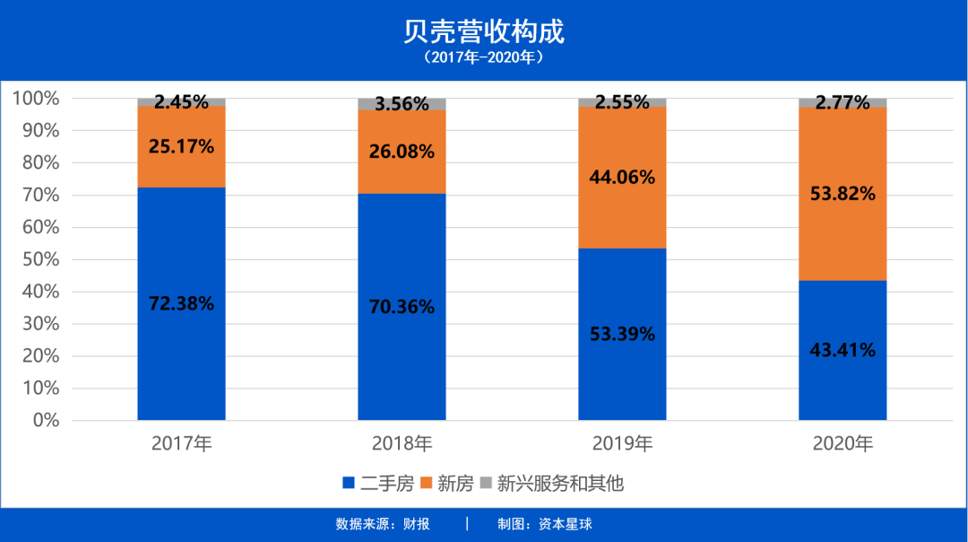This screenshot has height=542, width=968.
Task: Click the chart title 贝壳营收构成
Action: pyautogui.click(x=484, y=31)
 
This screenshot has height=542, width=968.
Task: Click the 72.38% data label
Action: pyautogui.click(x=181, y=303)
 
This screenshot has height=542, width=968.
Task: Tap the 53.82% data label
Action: pyautogui.click(x=843, y=193)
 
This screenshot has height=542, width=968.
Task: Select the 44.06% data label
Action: pyautogui.click(x=622, y=177)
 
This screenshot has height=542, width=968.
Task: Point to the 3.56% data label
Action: pyautogui.click(x=402, y=103)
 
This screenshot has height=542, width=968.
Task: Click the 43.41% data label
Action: pyautogui.click(x=843, y=350)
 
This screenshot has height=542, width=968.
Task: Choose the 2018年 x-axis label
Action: pyautogui.click(x=402, y=443)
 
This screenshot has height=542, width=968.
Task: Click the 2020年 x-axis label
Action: pyautogui.click(x=843, y=443)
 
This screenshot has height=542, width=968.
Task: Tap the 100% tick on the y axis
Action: pyautogui.click(x=36, y=98)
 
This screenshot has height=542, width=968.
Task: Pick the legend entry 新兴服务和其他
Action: pyautogui.click(x=551, y=484)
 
